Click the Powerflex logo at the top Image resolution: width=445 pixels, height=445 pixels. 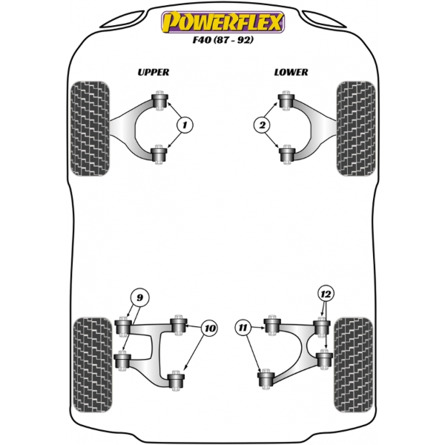(x=222, y=22)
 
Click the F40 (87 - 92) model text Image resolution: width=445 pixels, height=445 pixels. (x=222, y=40)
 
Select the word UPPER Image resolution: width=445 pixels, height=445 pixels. (x=154, y=73)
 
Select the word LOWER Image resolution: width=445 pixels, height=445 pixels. (x=291, y=73)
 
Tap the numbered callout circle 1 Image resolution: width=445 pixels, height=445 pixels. (x=185, y=125)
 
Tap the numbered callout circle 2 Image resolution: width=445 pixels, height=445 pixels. (x=262, y=125)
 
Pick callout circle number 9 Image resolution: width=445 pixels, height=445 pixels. (x=139, y=297)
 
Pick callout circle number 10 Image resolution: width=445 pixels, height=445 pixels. (x=210, y=329)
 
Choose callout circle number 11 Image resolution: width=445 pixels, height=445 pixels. (x=243, y=328)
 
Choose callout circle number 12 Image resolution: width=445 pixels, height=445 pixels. (x=326, y=294)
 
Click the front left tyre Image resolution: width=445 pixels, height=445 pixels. (x=90, y=128)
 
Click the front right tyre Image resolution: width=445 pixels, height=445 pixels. (x=356, y=128)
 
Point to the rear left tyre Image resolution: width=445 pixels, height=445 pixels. (x=93, y=365)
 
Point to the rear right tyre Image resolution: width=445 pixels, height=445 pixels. (x=353, y=365)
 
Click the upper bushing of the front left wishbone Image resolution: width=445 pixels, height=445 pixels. (x=159, y=100)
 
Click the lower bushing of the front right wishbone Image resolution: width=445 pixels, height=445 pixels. (x=287, y=155)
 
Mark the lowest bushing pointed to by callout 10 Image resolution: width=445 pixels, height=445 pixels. (x=176, y=381)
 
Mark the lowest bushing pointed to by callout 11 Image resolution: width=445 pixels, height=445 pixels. (x=266, y=379)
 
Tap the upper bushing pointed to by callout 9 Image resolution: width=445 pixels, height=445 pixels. (x=123, y=326)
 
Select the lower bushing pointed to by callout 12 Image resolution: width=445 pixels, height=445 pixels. (x=324, y=360)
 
